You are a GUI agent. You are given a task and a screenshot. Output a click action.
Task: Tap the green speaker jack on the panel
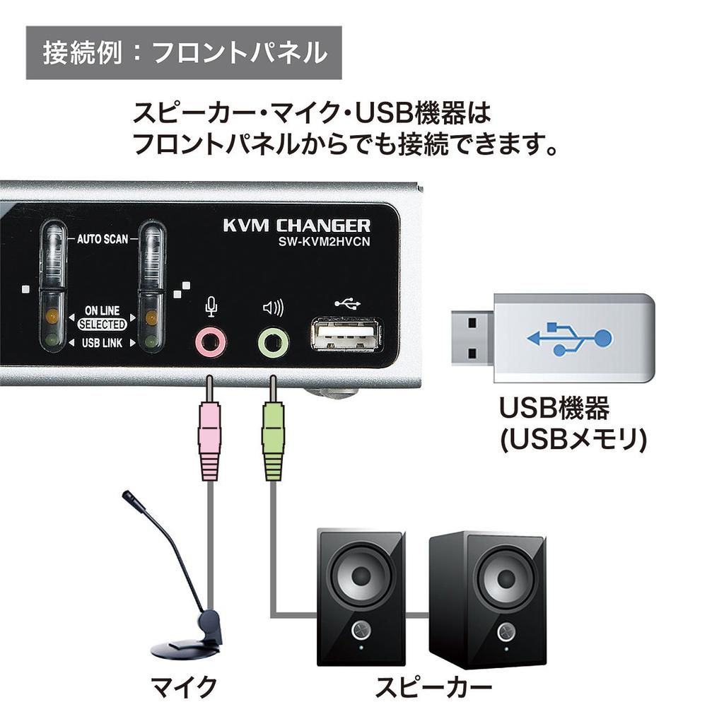[x=273, y=344]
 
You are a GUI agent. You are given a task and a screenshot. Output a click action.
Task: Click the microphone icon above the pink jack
[x=210, y=306]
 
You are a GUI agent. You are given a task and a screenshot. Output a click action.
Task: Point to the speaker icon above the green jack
[x=273, y=308]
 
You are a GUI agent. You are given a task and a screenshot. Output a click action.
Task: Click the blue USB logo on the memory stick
[x=569, y=338]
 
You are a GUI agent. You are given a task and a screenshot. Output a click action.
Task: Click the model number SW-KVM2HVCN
[x=324, y=243]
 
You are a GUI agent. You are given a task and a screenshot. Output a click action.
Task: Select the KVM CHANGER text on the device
[x=296, y=226]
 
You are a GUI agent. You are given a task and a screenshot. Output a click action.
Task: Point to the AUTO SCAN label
[x=103, y=239]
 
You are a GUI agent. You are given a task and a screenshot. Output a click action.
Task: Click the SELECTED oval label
[x=103, y=325]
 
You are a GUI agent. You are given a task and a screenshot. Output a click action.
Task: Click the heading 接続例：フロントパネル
[x=185, y=53]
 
